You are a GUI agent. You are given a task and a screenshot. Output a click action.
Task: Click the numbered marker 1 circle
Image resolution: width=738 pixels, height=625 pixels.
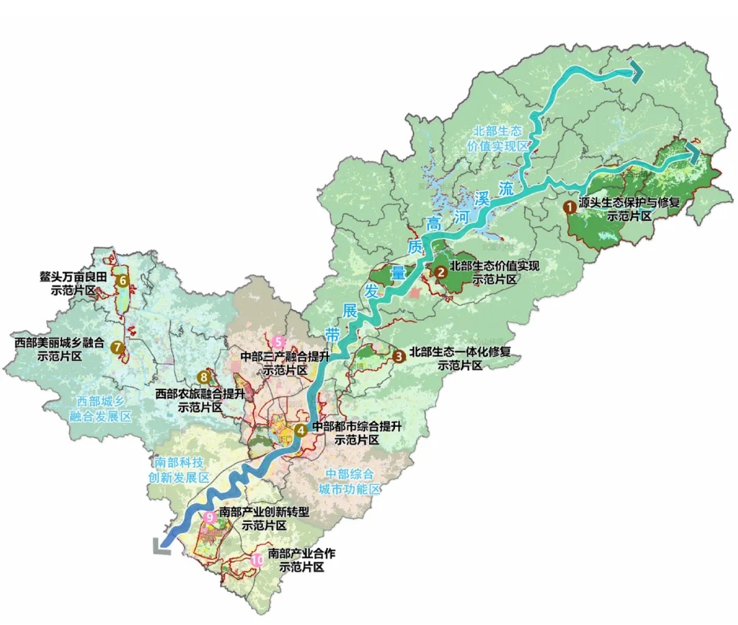pos(569,204)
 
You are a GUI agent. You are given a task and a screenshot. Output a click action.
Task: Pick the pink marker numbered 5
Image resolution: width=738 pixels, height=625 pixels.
pos(278,342)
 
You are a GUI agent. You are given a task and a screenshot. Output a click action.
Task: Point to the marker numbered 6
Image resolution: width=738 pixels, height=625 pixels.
pos(123,280)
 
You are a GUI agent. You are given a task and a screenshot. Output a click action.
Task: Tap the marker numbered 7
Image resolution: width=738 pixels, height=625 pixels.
pos(118,347)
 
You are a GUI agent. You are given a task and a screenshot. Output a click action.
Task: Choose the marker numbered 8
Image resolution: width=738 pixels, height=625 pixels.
pos(203,376)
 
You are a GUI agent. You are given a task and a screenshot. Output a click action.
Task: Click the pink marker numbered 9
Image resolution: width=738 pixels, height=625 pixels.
pos(210,518)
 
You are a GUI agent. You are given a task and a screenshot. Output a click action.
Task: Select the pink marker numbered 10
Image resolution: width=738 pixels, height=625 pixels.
pos(257,560)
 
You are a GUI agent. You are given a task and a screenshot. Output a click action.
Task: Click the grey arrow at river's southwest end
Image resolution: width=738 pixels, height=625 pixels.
pos(161,544)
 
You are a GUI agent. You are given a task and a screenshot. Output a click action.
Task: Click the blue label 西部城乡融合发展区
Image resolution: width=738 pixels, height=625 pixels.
pos(103,408)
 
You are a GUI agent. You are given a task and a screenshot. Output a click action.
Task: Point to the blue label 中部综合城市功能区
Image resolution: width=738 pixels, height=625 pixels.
pos(349,482)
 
